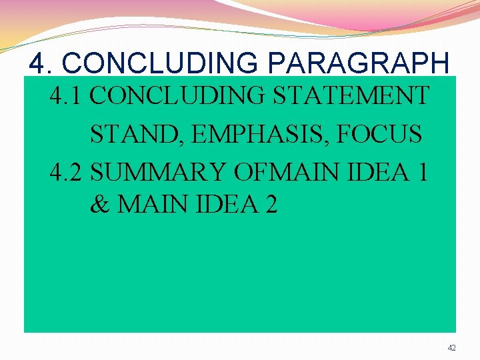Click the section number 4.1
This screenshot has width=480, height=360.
67,96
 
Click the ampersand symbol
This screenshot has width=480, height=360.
100,205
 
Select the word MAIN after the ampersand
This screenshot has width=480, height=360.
151,205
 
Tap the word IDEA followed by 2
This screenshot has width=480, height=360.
225,205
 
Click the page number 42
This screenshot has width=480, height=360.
452,347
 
